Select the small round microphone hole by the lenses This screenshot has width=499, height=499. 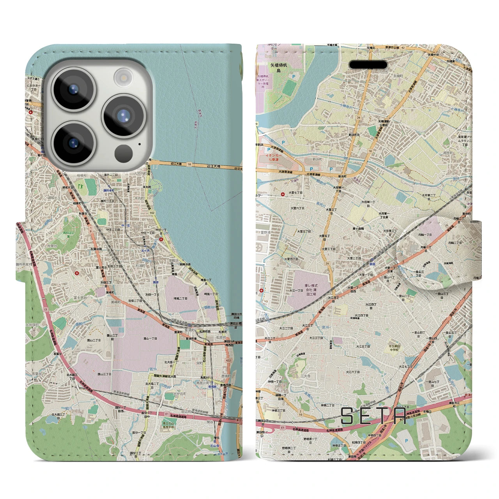pos(140,144)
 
